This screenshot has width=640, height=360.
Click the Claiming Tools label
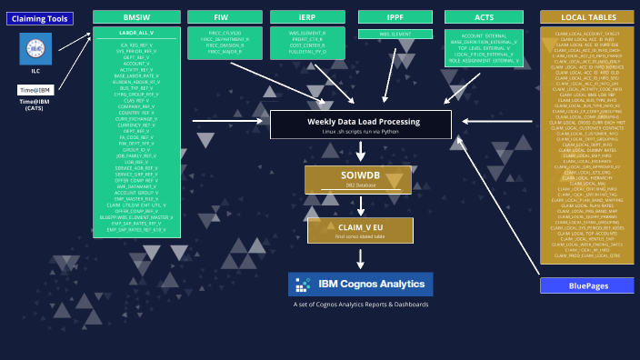39,18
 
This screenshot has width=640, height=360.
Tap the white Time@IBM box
35,90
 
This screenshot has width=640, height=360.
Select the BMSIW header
136,17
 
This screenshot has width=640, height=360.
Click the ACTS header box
484,17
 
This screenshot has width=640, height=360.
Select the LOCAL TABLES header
586,17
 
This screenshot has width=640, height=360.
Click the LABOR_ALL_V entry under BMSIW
136,34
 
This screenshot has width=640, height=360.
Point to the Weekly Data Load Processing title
360,121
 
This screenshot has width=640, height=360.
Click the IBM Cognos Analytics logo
360,285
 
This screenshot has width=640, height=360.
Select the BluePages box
586,285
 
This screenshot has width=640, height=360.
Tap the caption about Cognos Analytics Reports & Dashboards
360,305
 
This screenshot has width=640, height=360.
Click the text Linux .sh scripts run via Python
360,132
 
